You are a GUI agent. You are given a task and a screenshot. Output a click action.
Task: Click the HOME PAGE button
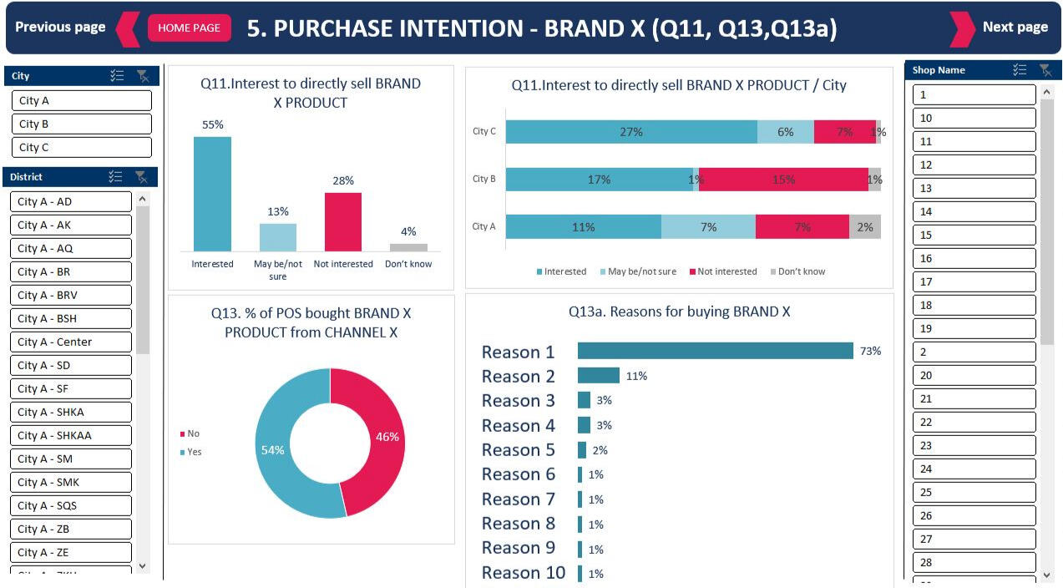(189, 28)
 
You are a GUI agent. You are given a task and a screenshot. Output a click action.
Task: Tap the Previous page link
(60, 27)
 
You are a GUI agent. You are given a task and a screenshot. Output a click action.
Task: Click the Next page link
(1015, 27)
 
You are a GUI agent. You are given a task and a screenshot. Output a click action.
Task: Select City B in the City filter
(81, 124)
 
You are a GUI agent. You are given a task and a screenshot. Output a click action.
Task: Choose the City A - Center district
(71, 342)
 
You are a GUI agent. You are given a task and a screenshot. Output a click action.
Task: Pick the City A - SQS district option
(71, 505)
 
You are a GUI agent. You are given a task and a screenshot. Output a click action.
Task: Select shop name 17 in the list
(974, 281)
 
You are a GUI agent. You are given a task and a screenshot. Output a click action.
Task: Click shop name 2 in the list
(974, 352)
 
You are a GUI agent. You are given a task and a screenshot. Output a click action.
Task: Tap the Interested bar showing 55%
(212, 194)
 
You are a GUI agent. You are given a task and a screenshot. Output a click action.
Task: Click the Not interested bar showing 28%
(342, 221)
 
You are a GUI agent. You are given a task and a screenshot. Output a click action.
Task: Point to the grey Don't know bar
(408, 247)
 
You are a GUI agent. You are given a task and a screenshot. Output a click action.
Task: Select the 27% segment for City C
(631, 132)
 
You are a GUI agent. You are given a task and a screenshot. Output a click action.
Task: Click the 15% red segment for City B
(783, 180)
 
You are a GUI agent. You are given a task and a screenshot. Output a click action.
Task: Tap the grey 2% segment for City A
(864, 227)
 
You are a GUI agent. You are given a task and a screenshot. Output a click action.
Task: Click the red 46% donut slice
(380, 438)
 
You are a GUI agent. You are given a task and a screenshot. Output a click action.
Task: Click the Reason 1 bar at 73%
(715, 351)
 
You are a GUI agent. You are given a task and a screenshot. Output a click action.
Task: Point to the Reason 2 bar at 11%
(598, 376)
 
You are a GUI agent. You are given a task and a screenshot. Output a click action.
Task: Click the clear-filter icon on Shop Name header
(1045, 70)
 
